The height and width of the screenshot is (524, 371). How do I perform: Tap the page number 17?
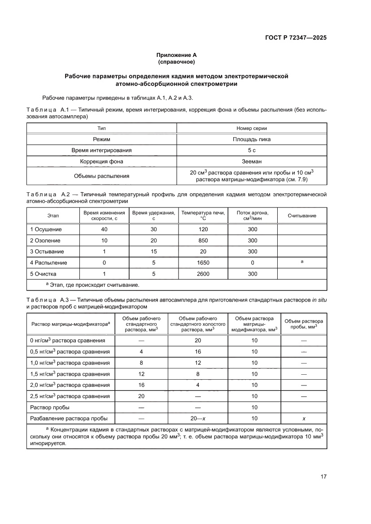[x=323, y=476]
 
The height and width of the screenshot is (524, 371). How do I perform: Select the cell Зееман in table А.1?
[x=251, y=161]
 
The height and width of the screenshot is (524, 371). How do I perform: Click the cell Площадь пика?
[x=251, y=139]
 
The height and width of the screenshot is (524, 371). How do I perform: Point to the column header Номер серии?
[x=251, y=128]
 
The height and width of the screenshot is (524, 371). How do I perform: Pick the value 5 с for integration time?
[x=251, y=150]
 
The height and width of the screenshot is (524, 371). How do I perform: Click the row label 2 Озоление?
[x=45, y=240]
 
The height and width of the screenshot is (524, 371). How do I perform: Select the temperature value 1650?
[x=203, y=263]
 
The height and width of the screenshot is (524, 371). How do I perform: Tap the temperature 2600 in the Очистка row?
[x=203, y=274]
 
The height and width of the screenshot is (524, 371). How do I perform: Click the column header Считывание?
[x=302, y=216]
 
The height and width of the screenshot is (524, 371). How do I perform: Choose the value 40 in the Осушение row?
[x=104, y=229]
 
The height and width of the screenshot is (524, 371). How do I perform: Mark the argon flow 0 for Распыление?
[x=253, y=263]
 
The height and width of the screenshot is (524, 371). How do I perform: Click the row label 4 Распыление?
[x=48, y=263]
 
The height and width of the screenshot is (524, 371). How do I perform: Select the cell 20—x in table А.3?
[x=198, y=419]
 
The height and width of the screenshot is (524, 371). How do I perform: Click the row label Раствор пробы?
[x=49, y=407]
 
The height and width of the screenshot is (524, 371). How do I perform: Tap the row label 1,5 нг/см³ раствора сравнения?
[x=70, y=374]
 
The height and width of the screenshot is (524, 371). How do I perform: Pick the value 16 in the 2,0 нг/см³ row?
[x=141, y=385]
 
